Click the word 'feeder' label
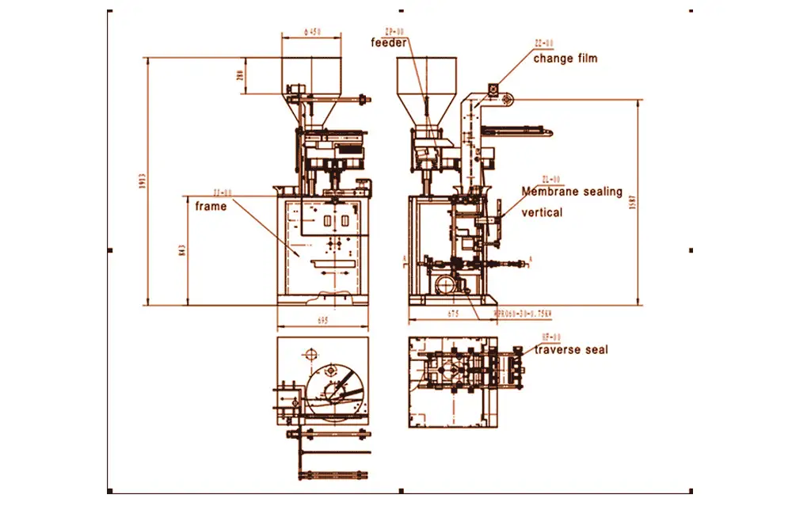389,43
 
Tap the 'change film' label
565,58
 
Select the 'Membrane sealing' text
571,192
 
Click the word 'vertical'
542,212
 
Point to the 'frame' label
211,207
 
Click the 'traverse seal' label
571,349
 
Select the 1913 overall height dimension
141,181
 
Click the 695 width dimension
322,322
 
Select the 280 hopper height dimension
240,76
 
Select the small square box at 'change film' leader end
493,89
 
